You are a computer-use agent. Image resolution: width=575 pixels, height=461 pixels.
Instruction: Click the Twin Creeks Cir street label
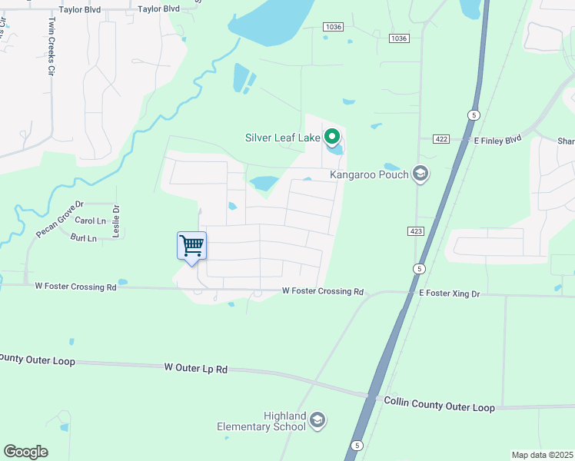pos(52,45)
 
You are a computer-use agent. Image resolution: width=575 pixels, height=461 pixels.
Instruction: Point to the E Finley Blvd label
pos(497,139)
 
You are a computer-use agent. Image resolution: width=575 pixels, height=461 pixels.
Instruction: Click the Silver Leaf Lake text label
pos(282,138)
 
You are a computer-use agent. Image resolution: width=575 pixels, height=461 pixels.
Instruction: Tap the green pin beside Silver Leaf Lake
pos(332,137)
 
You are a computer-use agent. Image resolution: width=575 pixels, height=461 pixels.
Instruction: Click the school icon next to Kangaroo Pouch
pos(420,174)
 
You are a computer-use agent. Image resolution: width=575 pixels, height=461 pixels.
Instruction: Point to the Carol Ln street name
pos(91,221)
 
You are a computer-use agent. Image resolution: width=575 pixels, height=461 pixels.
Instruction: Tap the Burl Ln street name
pos(83,238)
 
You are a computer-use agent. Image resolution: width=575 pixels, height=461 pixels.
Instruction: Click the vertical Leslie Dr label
pos(117,221)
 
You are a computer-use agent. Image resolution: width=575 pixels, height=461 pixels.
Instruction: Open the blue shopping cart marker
pos(191,247)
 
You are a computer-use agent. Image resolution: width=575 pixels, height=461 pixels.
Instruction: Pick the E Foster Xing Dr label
pos(450,293)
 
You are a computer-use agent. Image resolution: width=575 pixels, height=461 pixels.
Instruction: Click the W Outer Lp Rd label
pos(196,369)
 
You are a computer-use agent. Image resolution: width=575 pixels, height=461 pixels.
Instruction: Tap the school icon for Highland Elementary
pos(318,420)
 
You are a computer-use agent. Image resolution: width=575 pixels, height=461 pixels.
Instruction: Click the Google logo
pos(25,452)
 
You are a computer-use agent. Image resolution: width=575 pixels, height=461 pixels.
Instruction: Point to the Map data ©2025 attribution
pos(542,455)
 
